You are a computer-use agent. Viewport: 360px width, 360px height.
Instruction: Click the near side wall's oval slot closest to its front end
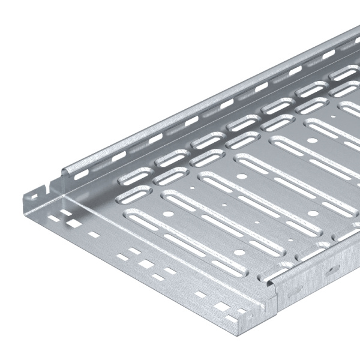[298, 289]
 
